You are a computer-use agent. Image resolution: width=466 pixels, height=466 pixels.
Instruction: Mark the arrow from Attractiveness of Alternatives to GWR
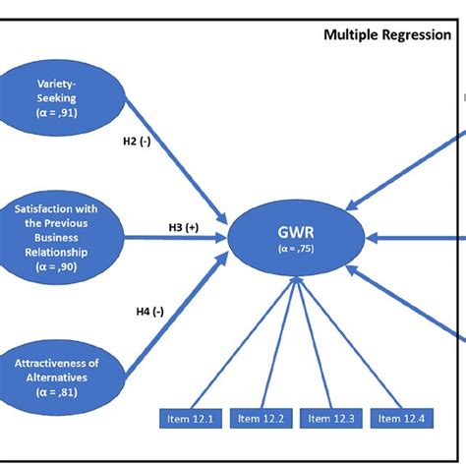pos(167,315)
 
